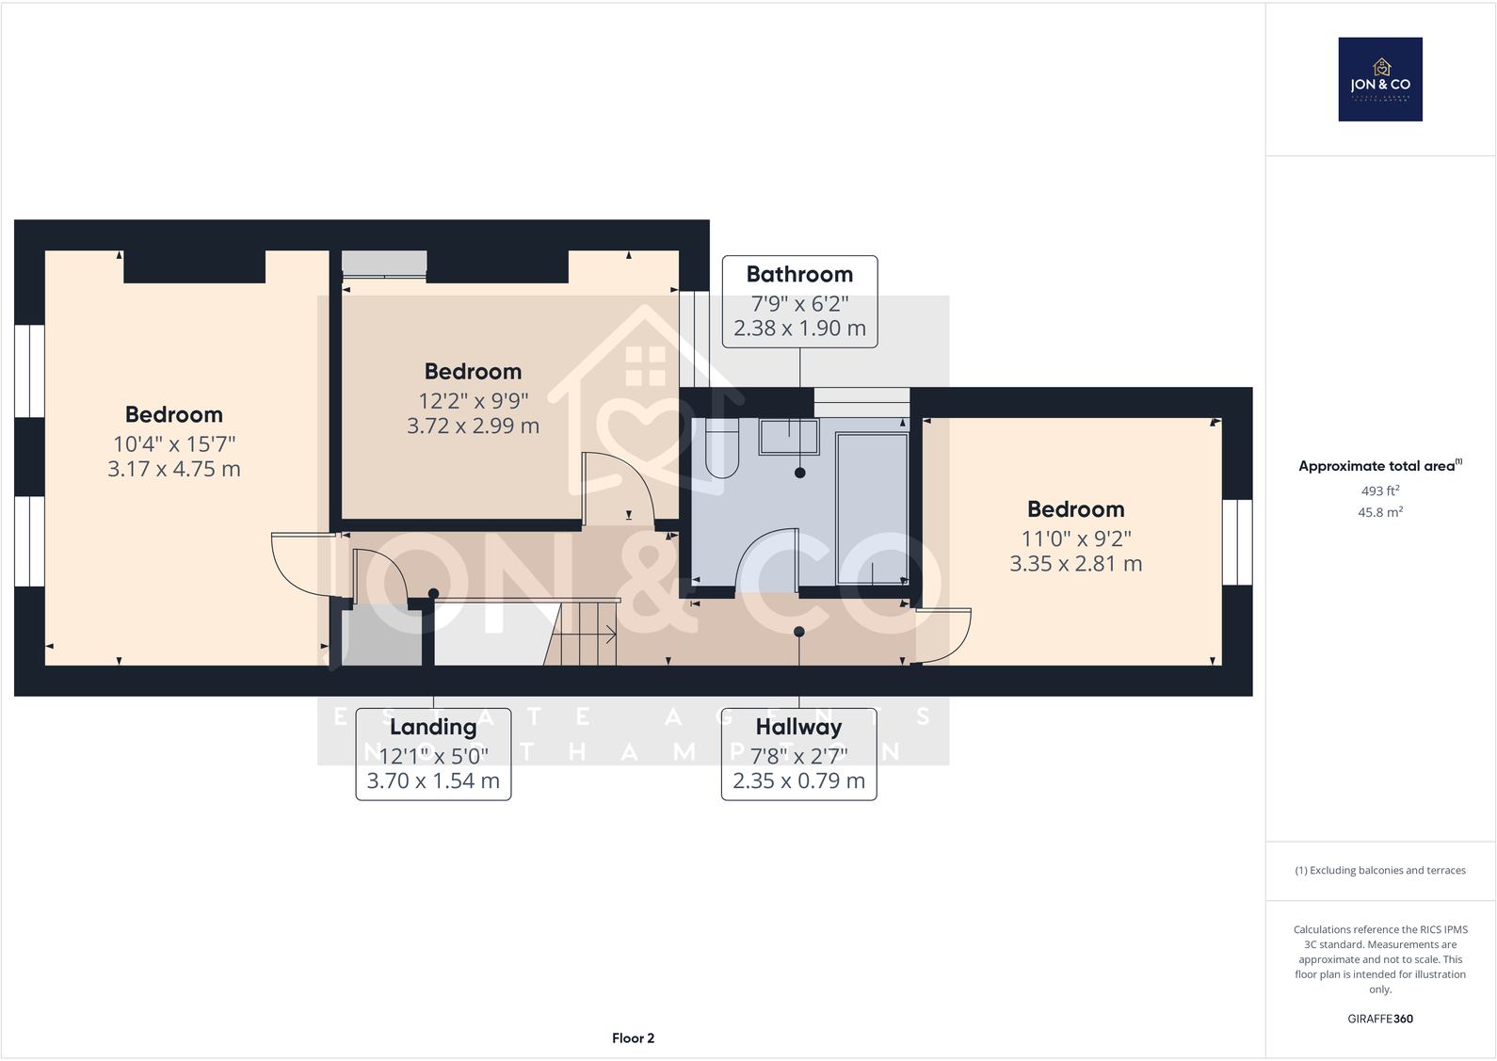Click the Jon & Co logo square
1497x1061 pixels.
(x=1380, y=79)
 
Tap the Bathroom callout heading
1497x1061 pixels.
(x=799, y=274)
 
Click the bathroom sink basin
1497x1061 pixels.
(x=789, y=437)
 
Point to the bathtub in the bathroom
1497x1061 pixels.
(x=872, y=508)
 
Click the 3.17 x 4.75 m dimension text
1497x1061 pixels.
(x=174, y=469)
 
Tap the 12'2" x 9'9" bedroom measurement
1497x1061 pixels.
(x=473, y=400)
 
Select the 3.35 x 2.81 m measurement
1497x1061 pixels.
(x=1075, y=564)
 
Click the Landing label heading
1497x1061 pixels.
(x=433, y=727)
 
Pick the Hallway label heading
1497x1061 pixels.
(x=798, y=727)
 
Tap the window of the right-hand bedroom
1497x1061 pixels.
(x=1237, y=542)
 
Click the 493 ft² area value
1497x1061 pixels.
(x=1380, y=490)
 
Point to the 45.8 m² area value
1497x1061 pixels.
(x=1380, y=512)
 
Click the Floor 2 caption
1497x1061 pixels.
(x=633, y=1037)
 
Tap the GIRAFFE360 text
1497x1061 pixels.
(x=1380, y=1019)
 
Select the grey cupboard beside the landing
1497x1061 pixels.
(x=381, y=637)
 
